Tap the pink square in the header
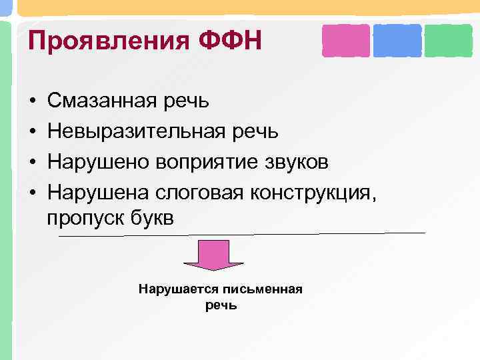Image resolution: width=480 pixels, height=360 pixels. (345, 41)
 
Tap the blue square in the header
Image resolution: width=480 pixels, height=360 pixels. (397, 41)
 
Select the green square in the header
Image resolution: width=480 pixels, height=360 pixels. (448, 41)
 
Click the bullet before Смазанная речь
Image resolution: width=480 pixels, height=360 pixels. (32, 101)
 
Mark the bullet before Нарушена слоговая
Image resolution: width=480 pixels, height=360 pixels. (32, 191)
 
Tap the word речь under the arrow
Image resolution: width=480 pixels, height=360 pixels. (221, 305)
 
